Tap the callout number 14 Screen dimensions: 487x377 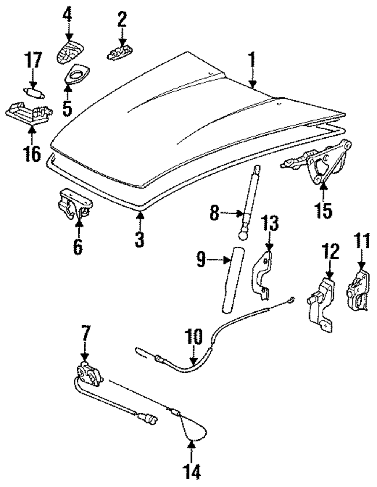tap(192, 471)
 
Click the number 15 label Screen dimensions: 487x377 tap(324, 210)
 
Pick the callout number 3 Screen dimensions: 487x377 tap(139, 239)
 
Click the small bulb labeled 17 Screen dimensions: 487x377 tap(32, 92)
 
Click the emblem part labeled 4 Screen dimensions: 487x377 tap(70, 53)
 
